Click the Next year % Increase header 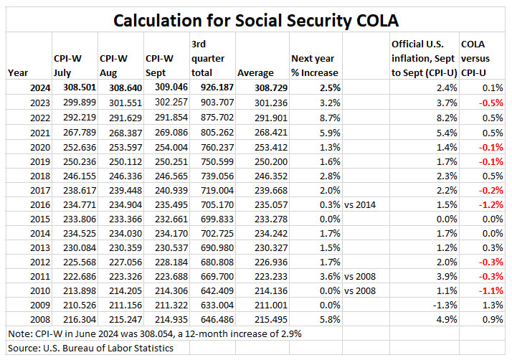pyautogui.click(x=315, y=65)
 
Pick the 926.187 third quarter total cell pyautogui.click(x=212, y=86)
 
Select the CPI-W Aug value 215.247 pyautogui.click(x=117, y=320)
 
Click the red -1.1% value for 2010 pyautogui.click(x=492, y=290)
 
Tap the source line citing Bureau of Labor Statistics pyautogui.click(x=90, y=349)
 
